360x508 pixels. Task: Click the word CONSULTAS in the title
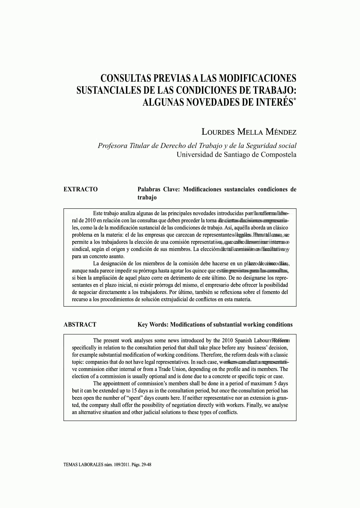[x=125, y=79]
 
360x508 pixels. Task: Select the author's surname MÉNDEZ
[x=281, y=132]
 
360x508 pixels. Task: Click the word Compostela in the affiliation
[x=279, y=154]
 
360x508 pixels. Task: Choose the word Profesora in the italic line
[x=112, y=146]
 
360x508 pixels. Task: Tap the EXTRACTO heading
[x=81, y=189]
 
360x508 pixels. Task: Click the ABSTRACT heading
[x=80, y=324]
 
